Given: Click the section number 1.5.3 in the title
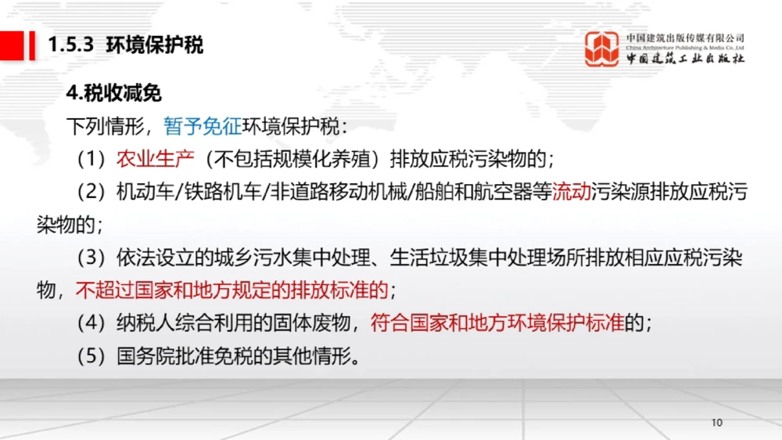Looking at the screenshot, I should [x=71, y=45].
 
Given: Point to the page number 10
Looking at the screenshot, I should [x=717, y=424].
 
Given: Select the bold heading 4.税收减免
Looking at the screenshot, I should [x=114, y=93].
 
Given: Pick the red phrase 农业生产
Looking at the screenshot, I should [x=155, y=159].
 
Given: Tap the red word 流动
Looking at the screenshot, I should [x=572, y=192].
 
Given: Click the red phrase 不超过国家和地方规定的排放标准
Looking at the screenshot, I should [x=232, y=290].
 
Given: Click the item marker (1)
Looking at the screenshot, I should [x=91, y=159].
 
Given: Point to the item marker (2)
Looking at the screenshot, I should [x=91, y=192].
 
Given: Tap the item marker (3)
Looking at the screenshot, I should [x=91, y=258].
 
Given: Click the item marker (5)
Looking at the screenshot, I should [x=91, y=356].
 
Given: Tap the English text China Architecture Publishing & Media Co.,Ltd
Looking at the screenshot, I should [x=685, y=48].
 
